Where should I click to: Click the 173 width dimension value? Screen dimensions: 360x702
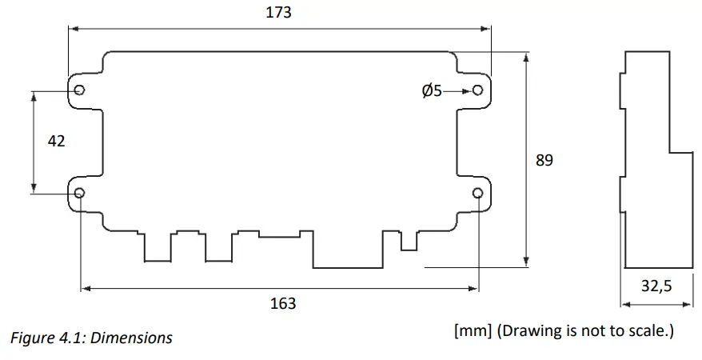coord(279,12)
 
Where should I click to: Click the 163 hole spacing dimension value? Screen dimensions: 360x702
coord(283,303)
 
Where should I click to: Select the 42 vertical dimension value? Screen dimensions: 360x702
coord(57,141)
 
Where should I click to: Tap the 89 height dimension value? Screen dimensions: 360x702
coord(544,160)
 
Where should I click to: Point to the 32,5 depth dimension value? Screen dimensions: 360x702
coord(656,286)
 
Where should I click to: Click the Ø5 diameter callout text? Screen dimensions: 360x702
coord(432,91)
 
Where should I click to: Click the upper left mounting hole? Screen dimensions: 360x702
coord(79,90)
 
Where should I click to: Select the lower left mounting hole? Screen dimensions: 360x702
coord(80,192)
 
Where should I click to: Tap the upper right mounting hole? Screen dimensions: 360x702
coord(477,90)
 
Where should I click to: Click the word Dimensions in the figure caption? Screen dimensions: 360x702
coord(132,338)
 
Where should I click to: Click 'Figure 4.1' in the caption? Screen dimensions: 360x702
coord(48,338)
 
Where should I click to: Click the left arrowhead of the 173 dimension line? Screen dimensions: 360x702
coord(72,28)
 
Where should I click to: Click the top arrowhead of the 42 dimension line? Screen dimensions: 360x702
coord(34,94)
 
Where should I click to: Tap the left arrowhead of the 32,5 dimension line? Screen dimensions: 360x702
coord(624,304)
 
